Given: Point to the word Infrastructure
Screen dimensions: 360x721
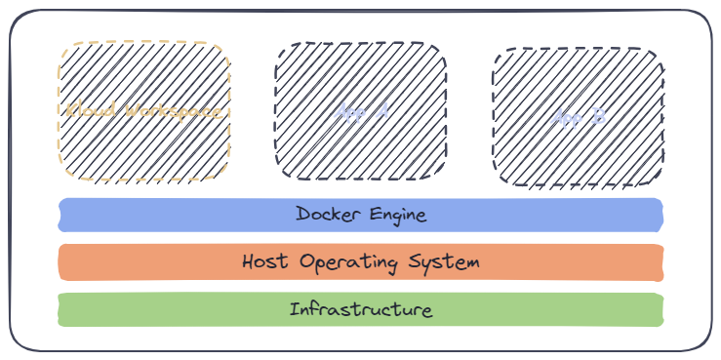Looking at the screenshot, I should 360,310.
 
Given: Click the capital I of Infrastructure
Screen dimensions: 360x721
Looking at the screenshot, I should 293,310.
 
